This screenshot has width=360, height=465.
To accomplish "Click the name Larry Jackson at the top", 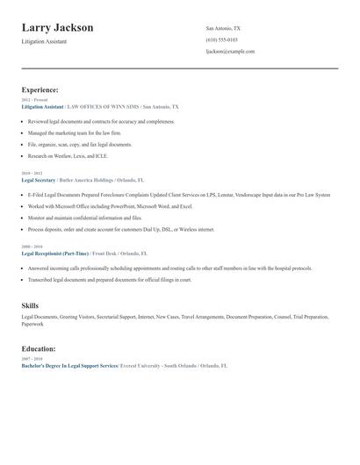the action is (58, 28).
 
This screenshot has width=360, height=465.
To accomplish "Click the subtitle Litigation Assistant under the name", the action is (44, 42).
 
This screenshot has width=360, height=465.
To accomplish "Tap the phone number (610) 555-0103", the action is (221, 40).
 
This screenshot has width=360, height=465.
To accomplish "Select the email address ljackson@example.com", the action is (230, 52).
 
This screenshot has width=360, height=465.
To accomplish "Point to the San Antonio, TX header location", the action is (223, 29).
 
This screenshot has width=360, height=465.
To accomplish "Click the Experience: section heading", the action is (40, 89).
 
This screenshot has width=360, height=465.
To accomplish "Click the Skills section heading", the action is (30, 305).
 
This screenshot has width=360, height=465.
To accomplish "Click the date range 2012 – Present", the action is (34, 100).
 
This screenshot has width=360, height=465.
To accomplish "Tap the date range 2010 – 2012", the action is (32, 174).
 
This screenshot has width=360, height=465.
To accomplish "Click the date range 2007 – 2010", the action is (32, 359).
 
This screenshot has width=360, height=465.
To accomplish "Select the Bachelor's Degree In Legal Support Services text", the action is (69, 365).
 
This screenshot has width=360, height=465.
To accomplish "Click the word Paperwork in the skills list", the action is (32, 324).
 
